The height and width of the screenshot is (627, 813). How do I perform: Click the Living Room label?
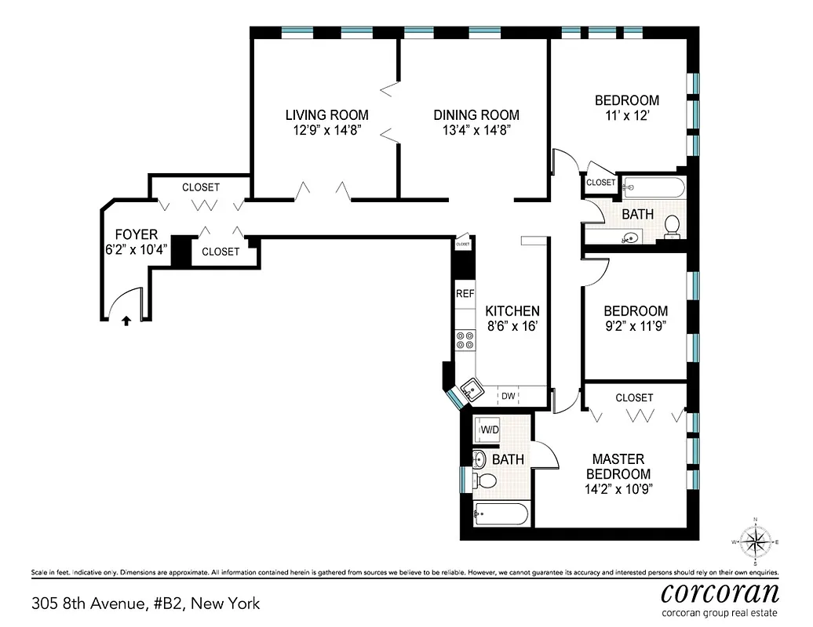[x=326, y=115]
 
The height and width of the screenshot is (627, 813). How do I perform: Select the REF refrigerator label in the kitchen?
[x=465, y=294]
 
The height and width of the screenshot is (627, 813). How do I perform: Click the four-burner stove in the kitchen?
[x=465, y=340]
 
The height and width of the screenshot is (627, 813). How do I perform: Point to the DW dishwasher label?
[x=509, y=397]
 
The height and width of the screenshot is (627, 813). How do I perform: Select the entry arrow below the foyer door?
[x=126, y=320]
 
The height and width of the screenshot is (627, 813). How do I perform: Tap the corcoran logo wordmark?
[x=720, y=591]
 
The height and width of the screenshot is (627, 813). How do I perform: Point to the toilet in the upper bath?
[x=673, y=227]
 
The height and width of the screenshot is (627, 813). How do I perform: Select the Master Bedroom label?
[x=618, y=466]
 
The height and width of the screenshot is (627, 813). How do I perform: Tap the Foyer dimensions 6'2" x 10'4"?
[x=137, y=249]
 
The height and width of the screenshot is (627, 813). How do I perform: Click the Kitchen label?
[x=512, y=311]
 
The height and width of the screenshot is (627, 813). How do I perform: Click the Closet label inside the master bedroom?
[x=634, y=397]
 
